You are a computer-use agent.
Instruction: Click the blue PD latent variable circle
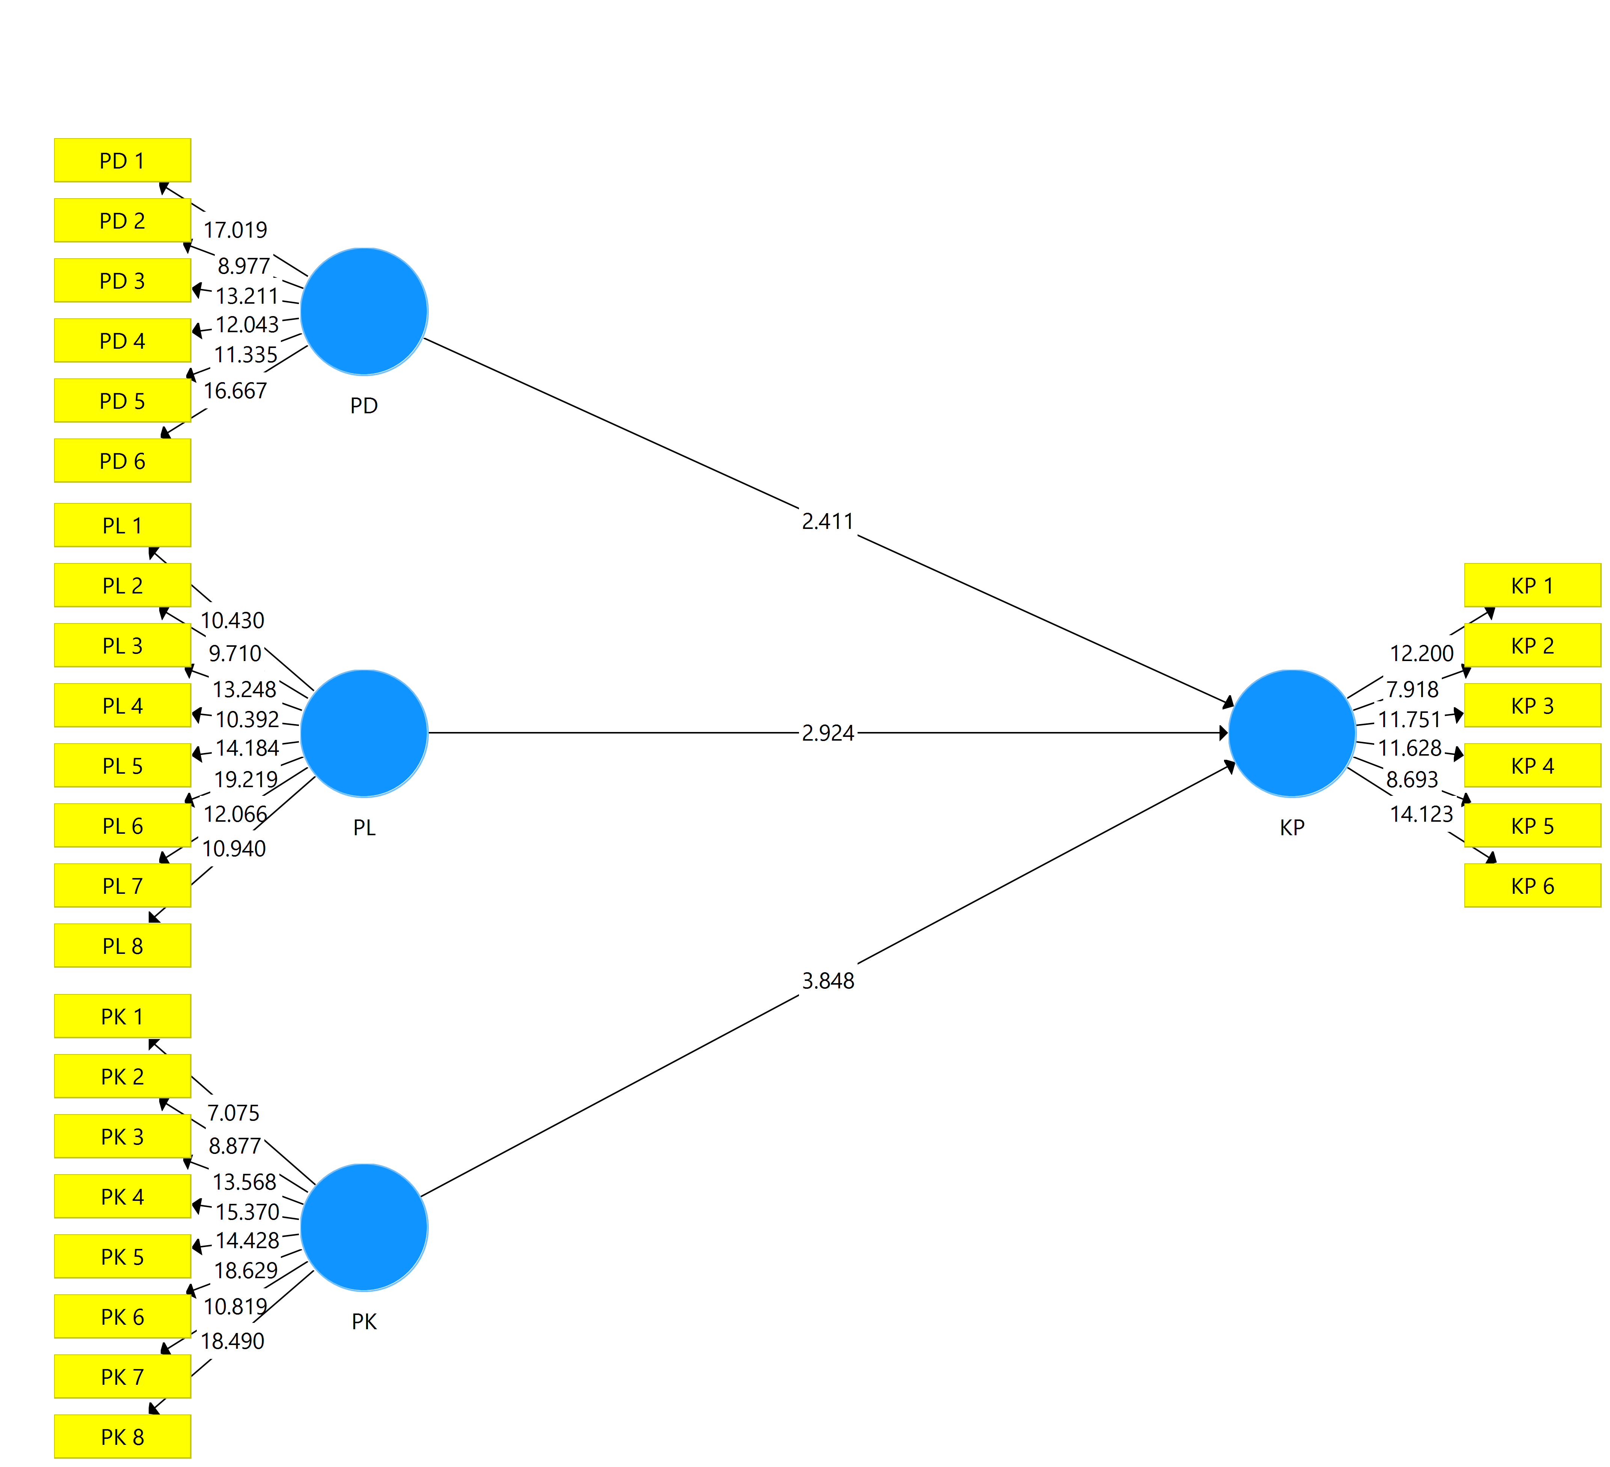pos(364,312)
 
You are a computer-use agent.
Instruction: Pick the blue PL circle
pos(364,733)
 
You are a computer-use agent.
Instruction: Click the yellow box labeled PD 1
pos(122,161)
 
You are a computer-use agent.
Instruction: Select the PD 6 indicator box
pos(122,461)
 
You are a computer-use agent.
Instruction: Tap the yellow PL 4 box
pos(122,705)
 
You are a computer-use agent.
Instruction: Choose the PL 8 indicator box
pos(122,946)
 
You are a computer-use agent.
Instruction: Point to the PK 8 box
pos(122,1437)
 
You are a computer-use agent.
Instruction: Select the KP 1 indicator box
pos(1532,585)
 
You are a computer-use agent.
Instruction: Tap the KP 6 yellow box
pos(1532,886)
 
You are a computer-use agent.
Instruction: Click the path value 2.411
pos(828,521)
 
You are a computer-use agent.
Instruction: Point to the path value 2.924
pos(828,733)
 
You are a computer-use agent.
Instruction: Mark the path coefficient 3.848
pos(828,981)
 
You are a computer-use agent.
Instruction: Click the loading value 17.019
pos(235,230)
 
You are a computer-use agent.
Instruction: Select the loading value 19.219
pos(246,779)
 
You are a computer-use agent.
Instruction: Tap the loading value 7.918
pos(1412,689)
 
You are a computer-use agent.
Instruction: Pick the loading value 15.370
pos(247,1212)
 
